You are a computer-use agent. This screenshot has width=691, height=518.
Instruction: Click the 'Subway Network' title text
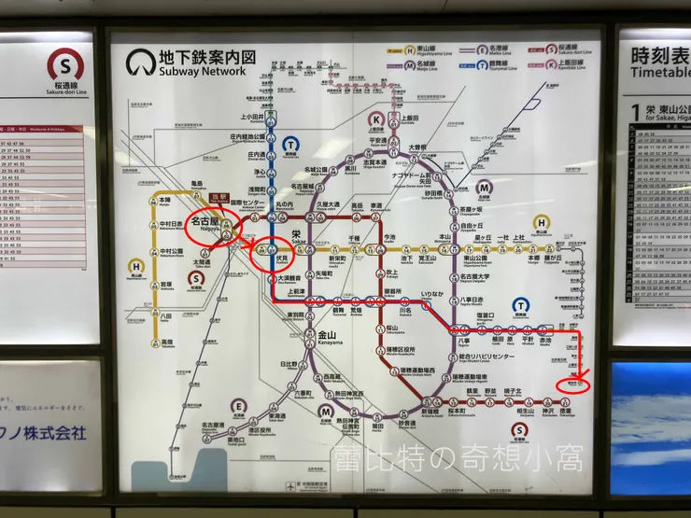[x=203, y=70]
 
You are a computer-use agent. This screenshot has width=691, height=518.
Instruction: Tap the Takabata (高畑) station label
[x=167, y=343]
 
